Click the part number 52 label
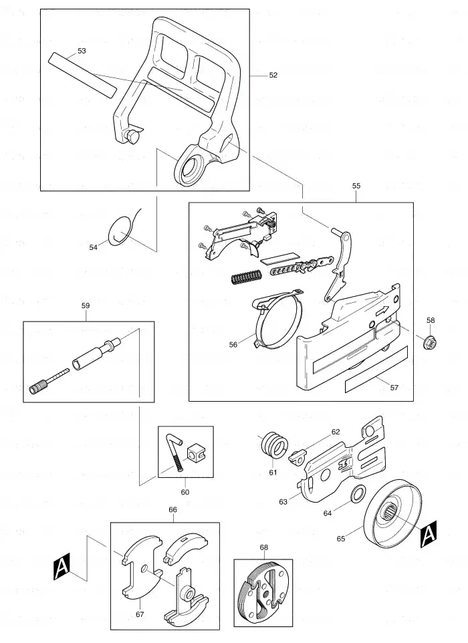pyautogui.click(x=273, y=75)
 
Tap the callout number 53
pyautogui.click(x=82, y=51)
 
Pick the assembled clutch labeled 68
pyautogui.click(x=263, y=590)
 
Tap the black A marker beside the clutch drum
pyautogui.click(x=428, y=534)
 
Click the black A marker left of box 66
pyautogui.click(x=62, y=566)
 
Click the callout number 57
pyautogui.click(x=394, y=388)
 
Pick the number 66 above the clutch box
pyautogui.click(x=172, y=510)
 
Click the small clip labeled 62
pyautogui.click(x=299, y=455)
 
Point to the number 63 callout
pyautogui.click(x=283, y=502)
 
